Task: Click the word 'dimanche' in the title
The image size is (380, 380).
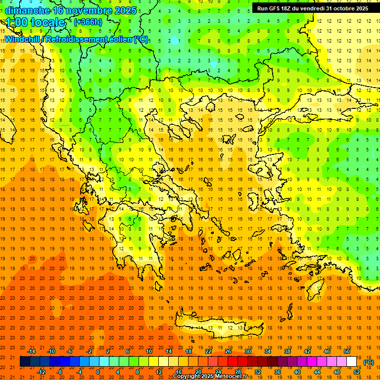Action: [x=27, y=10]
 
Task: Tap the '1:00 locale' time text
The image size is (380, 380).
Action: [x=35, y=23]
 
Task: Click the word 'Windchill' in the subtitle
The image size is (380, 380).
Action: [x=22, y=39]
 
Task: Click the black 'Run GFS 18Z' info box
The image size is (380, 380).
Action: [x=312, y=8]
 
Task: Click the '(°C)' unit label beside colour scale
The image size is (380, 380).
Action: [x=368, y=362]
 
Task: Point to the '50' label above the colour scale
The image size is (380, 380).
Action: [x=347, y=351]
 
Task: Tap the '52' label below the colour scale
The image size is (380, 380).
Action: [x=357, y=372]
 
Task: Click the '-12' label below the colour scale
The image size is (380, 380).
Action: [x=41, y=372]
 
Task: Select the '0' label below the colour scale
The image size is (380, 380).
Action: [x=98, y=372]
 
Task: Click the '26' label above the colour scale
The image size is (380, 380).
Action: [x=228, y=351]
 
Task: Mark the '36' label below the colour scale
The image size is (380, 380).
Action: [x=278, y=372]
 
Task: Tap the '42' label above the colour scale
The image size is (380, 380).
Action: [x=307, y=351]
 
